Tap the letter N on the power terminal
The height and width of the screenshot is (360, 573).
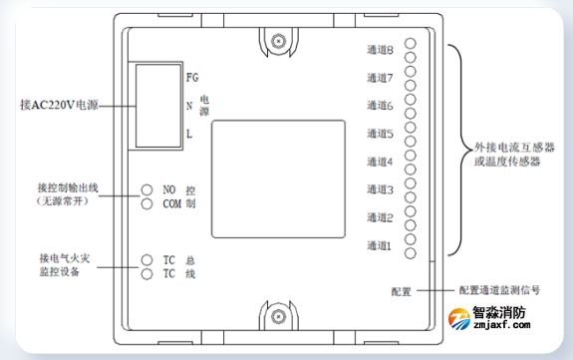point(189,104)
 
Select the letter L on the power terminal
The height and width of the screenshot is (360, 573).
point(189,133)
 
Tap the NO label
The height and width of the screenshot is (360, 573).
point(169,188)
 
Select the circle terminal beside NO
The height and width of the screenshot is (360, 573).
point(146,188)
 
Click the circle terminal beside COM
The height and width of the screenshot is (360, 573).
point(146,203)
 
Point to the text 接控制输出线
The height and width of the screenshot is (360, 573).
point(68,187)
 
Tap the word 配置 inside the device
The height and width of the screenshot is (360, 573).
point(401,291)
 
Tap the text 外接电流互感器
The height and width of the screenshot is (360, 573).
point(512,146)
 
